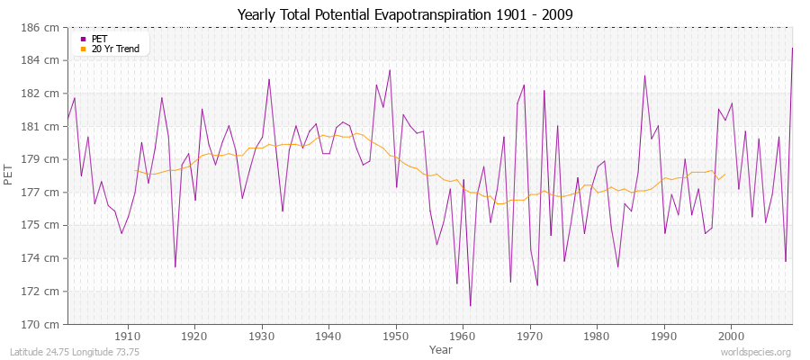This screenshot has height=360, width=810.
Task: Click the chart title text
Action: pyautogui.click(x=405, y=15)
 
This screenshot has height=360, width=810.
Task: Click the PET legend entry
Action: pyautogui.click(x=98, y=39)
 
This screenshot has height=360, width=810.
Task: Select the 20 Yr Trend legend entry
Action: pyautogui.click(x=114, y=49)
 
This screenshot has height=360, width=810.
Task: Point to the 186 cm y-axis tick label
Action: pyautogui.click(x=44, y=28)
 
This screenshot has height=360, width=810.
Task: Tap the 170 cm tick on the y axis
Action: pyautogui.click(x=44, y=324)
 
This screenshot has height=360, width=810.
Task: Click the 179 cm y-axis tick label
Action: pyautogui.click(x=44, y=159)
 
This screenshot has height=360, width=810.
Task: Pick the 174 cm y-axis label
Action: pyautogui.click(x=44, y=258)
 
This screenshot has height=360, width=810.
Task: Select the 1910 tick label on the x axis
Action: pyautogui.click(x=128, y=336)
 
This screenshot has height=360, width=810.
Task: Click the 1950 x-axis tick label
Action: pyautogui.click(x=396, y=336)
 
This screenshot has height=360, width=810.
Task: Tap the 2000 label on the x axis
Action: pyautogui.click(x=730, y=336)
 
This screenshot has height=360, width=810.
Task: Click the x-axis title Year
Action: pyautogui.click(x=441, y=349)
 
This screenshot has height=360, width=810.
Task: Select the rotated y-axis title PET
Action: pyautogui.click(x=9, y=176)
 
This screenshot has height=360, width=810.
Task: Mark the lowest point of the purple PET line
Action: pyautogui.click(x=470, y=306)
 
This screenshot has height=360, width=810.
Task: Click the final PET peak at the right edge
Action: pyautogui.click(x=792, y=48)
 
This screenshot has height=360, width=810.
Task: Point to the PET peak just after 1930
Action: pyautogui.click(x=269, y=79)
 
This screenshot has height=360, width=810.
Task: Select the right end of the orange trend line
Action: pyautogui.click(x=724, y=175)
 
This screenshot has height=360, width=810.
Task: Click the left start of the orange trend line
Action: pyautogui.click(x=135, y=170)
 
